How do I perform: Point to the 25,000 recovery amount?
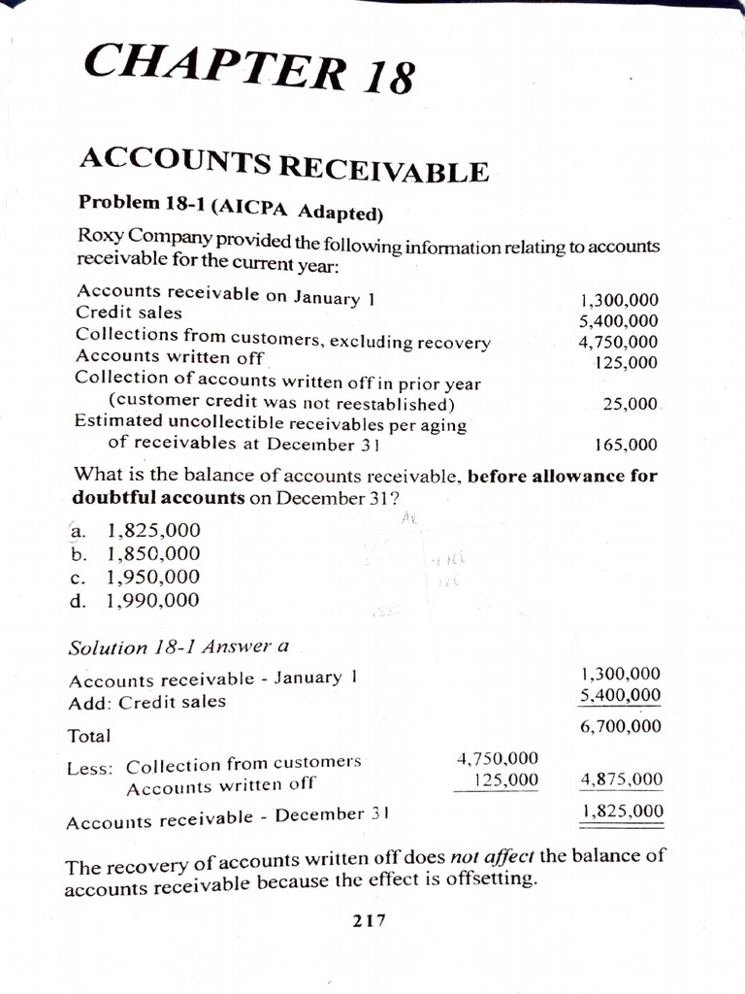pos(631,403)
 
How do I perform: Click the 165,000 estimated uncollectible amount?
pos(625,446)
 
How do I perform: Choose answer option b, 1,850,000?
pos(153,554)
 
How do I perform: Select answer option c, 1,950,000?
pos(153,578)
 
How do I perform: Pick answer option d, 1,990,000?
pos(153,601)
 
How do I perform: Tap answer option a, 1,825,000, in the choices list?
pos(153,531)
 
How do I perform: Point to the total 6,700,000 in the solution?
pos(621,726)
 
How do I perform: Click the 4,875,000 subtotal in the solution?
pos(621,779)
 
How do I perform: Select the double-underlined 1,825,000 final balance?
pos(621,812)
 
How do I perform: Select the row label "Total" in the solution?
pos(88,737)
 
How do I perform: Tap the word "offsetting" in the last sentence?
pos(492,880)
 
